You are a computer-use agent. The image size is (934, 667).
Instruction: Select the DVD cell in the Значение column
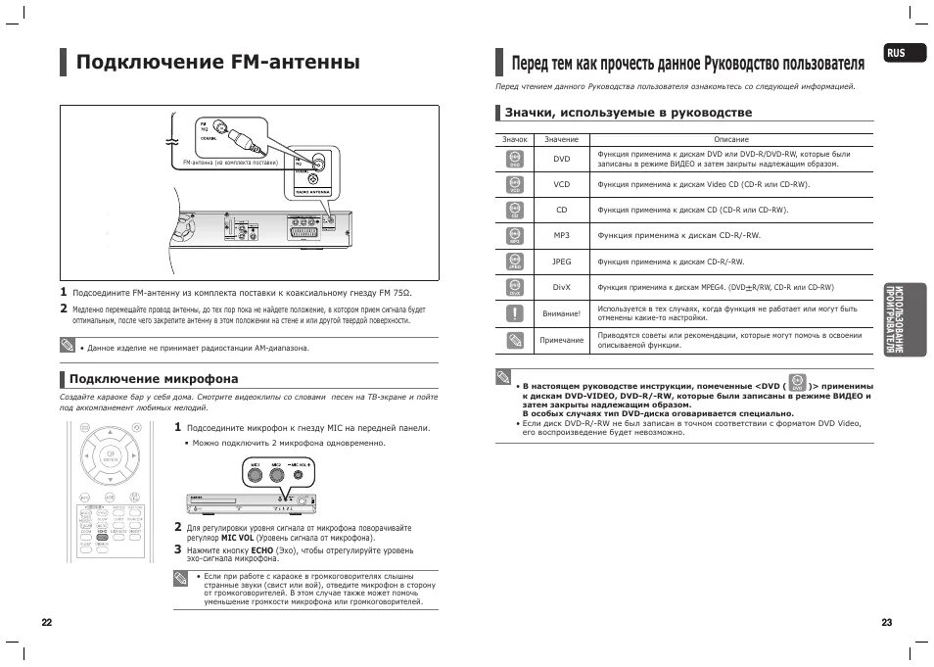click(x=561, y=159)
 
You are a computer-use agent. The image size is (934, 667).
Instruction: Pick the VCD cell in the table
click(x=561, y=184)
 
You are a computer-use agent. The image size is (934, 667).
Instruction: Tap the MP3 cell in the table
click(x=561, y=236)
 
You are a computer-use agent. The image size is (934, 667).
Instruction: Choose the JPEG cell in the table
click(x=561, y=262)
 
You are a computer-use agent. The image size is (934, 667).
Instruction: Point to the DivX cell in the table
click(x=561, y=288)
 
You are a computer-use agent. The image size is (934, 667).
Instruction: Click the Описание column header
click(x=731, y=139)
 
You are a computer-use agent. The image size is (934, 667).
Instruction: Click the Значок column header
click(x=515, y=139)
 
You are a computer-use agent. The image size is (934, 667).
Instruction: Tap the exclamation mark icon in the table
click(x=515, y=313)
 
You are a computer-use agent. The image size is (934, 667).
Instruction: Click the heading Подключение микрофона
click(x=153, y=378)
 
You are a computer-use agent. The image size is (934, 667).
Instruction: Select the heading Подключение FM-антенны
click(x=218, y=63)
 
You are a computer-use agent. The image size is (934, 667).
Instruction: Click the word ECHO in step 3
click(x=262, y=551)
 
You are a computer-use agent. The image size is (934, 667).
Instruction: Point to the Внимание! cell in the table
click(x=561, y=313)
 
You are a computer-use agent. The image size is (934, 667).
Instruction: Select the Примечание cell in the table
click(x=561, y=340)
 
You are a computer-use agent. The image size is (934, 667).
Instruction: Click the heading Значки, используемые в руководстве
click(x=628, y=114)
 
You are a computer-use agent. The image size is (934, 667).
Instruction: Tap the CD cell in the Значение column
click(x=561, y=210)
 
